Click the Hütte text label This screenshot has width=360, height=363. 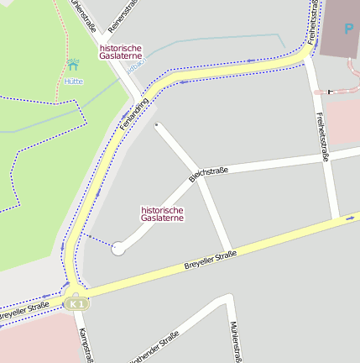point(74,82)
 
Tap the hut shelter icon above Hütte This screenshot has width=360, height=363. point(74,64)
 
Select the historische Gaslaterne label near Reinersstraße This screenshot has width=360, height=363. point(121,53)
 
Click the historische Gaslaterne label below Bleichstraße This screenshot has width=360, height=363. point(162,213)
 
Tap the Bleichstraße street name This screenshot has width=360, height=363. point(208,174)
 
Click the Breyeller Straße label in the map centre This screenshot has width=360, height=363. point(210,260)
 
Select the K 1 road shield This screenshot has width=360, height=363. point(78,302)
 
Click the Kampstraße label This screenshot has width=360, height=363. point(84,345)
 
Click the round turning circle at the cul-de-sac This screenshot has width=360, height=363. point(118,248)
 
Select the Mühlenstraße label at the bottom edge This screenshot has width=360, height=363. point(235,340)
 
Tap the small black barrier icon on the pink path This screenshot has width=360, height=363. point(331,90)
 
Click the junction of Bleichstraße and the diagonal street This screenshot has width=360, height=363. point(199,180)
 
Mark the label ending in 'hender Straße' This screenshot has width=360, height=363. point(154,348)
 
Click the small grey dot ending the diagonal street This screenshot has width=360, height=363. point(157,125)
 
